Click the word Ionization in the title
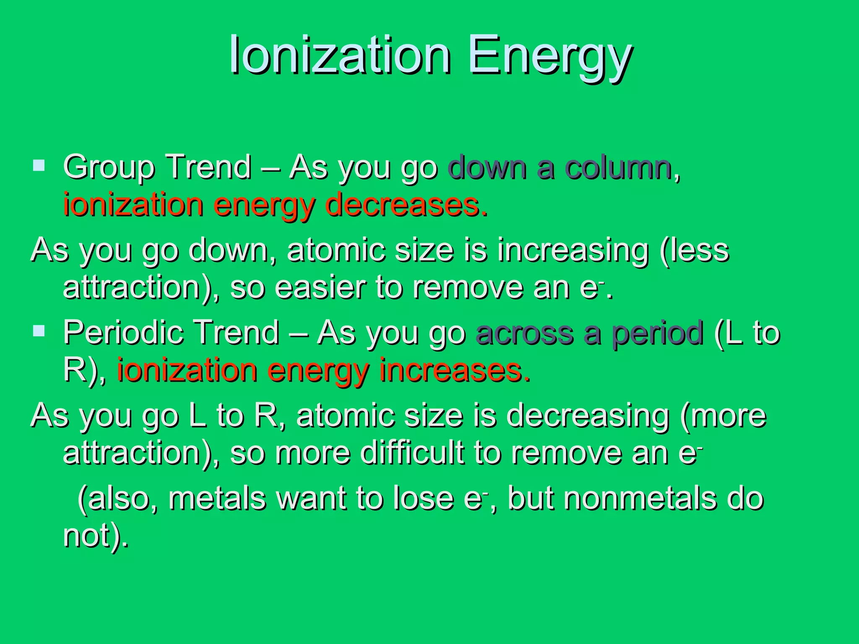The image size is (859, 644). (x=340, y=55)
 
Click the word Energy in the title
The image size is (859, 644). (x=549, y=58)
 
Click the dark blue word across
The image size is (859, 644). (x=524, y=333)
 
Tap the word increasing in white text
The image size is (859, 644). (x=573, y=251)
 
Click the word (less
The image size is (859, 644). (x=694, y=251)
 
